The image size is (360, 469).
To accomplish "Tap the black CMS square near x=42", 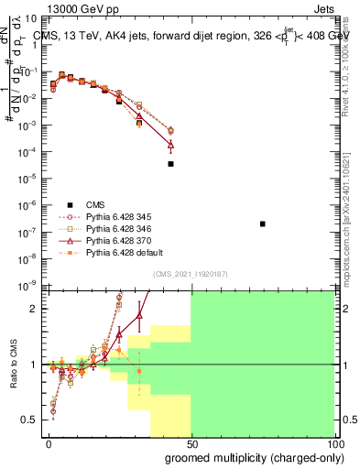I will (170, 164).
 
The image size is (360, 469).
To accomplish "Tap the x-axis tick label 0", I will (49, 442).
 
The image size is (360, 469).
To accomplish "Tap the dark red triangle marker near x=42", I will (170, 144).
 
